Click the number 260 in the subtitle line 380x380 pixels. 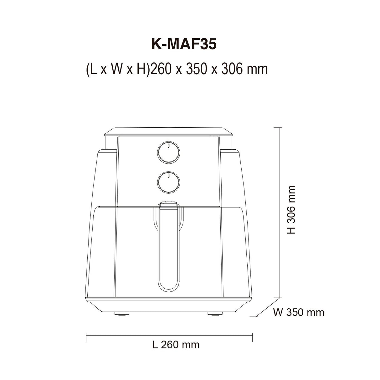coord(160,69)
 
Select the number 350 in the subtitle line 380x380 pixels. coord(196,69)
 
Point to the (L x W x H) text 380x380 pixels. coord(117,69)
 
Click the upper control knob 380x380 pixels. coord(168,152)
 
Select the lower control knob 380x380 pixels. coord(168,182)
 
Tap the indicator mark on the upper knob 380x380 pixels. coord(168,146)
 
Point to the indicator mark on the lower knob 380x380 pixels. coord(168,176)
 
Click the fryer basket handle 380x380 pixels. coord(168,249)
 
